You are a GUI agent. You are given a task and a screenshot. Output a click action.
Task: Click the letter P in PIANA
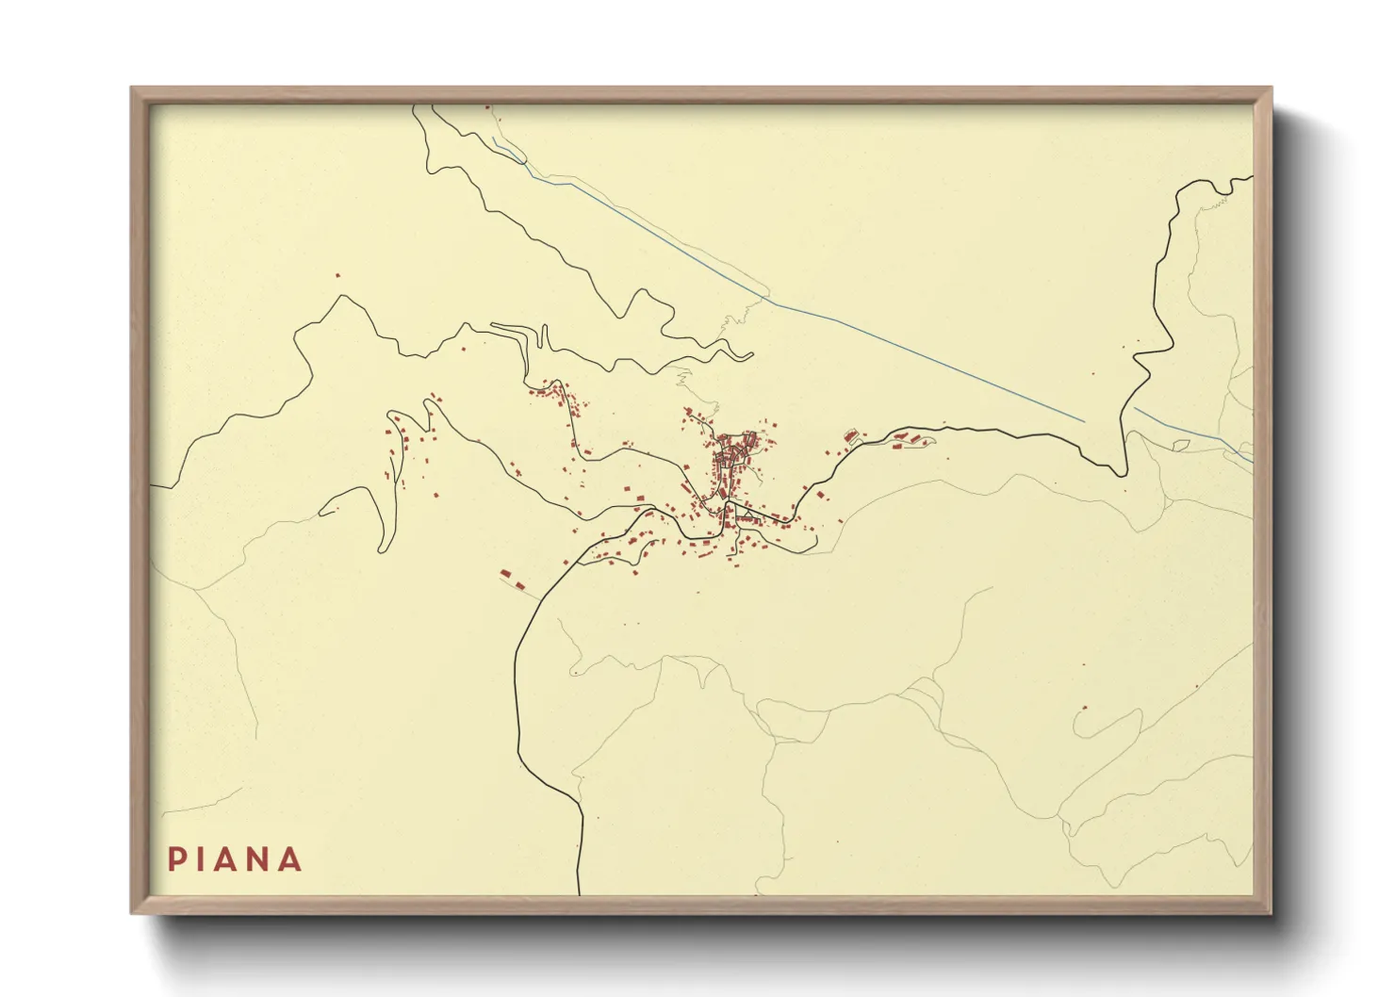pyautogui.click(x=176, y=859)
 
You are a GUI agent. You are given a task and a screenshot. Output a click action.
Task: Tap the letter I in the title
pyautogui.click(x=203, y=859)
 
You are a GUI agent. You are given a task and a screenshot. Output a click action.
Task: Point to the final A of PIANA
pyautogui.click(x=291, y=859)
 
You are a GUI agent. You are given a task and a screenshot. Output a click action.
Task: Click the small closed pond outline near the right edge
pyautogui.click(x=1179, y=442)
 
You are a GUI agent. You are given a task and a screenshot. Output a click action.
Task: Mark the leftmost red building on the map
pyautogui.click(x=337, y=275)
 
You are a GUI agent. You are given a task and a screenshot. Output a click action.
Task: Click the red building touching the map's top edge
pyautogui.click(x=487, y=106)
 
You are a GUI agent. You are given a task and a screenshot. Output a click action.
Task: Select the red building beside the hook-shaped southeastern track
pyautogui.click(x=1086, y=707)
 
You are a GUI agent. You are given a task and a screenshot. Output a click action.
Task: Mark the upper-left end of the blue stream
pyautogui.click(x=492, y=137)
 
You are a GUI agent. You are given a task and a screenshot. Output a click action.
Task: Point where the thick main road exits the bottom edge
pyautogui.click(x=578, y=893)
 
